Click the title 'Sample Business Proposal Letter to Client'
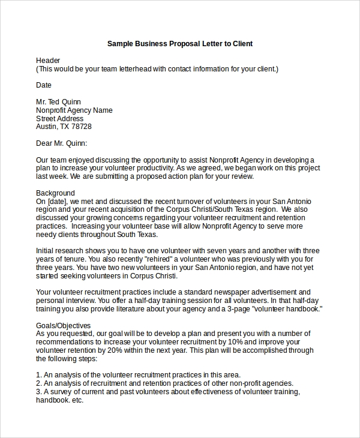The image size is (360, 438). (x=180, y=44)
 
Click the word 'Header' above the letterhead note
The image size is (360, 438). (x=48, y=61)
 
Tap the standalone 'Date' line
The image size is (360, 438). (x=44, y=85)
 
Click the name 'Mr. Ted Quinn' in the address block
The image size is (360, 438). (x=59, y=102)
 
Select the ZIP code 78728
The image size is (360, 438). (x=81, y=127)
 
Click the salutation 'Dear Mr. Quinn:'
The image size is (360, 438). (x=62, y=143)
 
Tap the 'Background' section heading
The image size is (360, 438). (x=55, y=193)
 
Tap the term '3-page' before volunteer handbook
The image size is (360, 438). (x=239, y=308)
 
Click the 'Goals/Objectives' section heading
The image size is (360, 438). (x=64, y=325)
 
